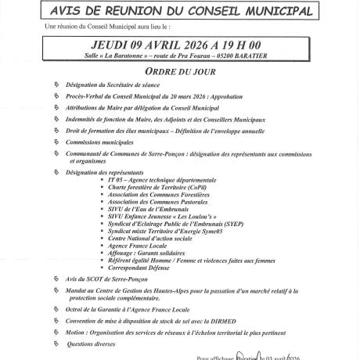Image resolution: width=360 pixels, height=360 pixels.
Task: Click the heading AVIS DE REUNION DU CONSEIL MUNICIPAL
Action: pos(180,12)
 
